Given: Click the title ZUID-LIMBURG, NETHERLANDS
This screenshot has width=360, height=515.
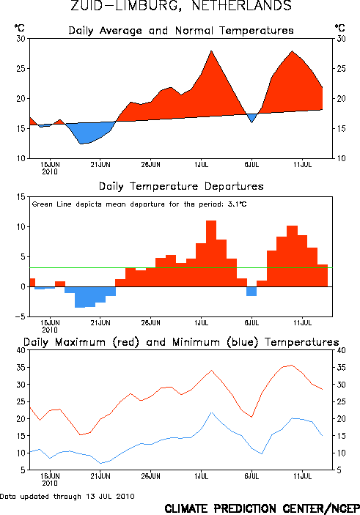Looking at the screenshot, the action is click(x=181, y=6).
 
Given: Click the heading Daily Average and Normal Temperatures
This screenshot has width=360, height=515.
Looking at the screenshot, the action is click(x=181, y=31).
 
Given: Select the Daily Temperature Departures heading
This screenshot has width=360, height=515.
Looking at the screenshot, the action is click(x=181, y=186).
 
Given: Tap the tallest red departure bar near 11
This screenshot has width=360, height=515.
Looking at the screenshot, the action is click(x=211, y=253).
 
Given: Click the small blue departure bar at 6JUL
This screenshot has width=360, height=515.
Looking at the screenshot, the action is click(x=251, y=292).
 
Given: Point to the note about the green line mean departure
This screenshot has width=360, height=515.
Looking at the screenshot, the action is click(x=139, y=204).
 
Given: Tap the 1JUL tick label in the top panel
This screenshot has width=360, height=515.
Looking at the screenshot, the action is click(x=201, y=165).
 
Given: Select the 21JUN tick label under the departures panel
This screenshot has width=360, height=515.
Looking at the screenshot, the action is click(x=100, y=323).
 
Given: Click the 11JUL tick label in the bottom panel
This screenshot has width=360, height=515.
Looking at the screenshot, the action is click(x=303, y=476).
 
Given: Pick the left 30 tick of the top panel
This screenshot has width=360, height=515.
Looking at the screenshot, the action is click(x=21, y=39).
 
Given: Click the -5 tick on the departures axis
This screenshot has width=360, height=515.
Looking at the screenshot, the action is click(x=20, y=316).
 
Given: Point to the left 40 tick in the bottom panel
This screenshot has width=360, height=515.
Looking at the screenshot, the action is click(x=21, y=350).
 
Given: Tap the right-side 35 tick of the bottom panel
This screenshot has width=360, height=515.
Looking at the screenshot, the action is click(x=341, y=367).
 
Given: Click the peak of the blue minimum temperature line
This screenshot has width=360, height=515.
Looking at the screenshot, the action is click(x=211, y=412).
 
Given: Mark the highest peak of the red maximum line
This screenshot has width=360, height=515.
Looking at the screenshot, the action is click(x=292, y=365).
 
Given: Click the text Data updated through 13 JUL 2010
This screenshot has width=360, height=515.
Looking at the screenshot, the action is click(x=67, y=496).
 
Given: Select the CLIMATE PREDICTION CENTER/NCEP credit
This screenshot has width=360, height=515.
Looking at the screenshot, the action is click(x=262, y=508).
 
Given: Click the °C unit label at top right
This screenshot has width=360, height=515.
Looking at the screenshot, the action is click(x=340, y=28).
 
